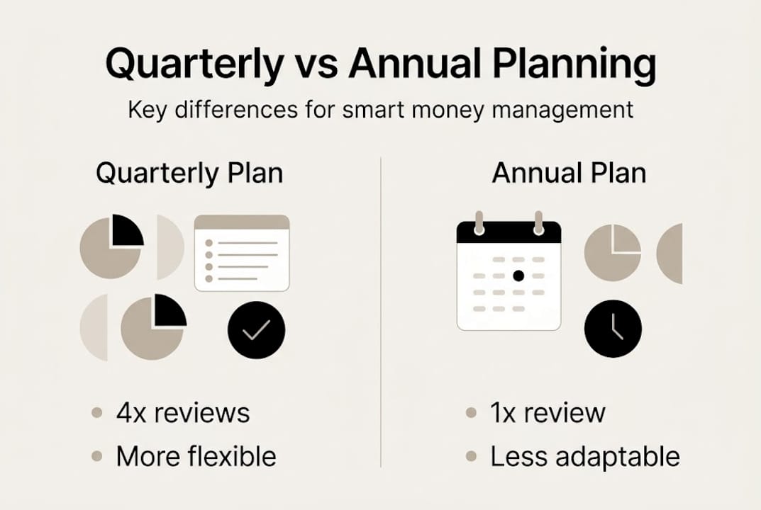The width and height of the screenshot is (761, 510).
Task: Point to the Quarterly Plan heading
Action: (x=189, y=174)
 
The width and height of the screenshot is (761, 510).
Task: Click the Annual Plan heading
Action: (x=569, y=174)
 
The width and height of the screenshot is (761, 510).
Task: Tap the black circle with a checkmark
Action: (x=256, y=330)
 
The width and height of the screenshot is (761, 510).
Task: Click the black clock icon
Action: (x=613, y=329)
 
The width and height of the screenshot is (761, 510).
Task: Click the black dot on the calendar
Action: (x=518, y=276)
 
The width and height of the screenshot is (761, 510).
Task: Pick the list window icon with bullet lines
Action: (x=242, y=253)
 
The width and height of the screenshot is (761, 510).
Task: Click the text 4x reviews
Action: (x=183, y=413)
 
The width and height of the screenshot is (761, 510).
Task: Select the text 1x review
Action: (x=548, y=413)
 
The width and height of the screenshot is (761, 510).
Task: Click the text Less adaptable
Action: (x=585, y=457)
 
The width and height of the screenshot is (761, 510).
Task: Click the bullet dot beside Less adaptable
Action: (x=471, y=457)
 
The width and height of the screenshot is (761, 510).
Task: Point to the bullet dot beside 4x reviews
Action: (x=96, y=413)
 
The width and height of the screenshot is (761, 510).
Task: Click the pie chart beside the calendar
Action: (x=612, y=253)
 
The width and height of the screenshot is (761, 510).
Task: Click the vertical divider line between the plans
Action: (x=381, y=312)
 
